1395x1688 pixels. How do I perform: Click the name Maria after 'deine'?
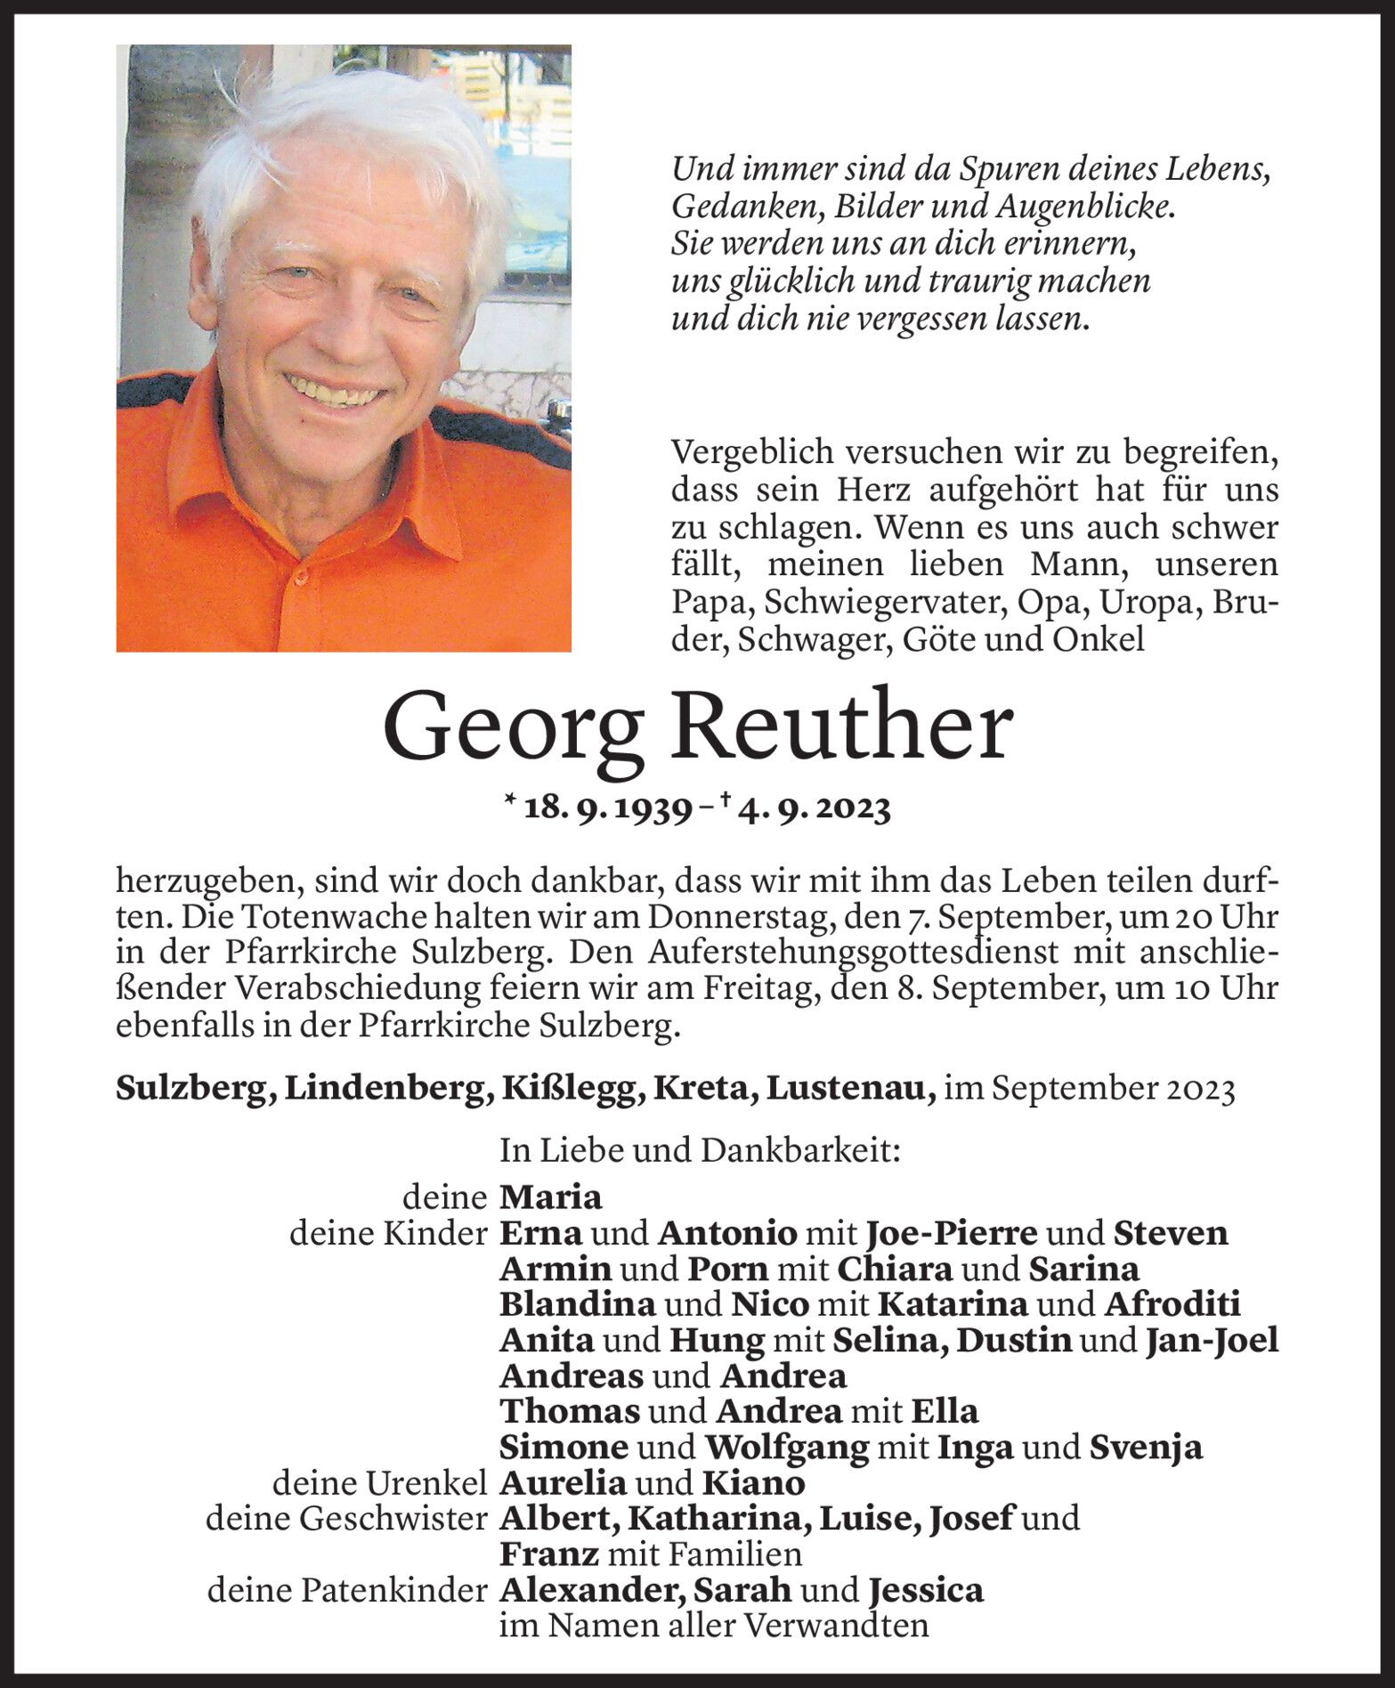551,1197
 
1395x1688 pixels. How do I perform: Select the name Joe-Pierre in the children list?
951,1233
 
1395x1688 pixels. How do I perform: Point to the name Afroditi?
1172,1304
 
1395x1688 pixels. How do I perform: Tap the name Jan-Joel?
1212,1340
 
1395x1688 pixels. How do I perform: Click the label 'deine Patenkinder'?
347,1590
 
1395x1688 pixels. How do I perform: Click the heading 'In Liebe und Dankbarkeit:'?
701,1150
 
